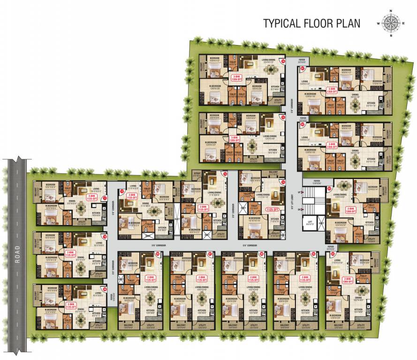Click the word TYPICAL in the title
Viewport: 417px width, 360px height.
pos(282,23)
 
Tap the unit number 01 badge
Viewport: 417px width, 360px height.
pos(303,69)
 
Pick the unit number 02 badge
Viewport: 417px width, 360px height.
pos(303,125)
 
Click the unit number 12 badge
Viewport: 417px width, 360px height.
pos(122,192)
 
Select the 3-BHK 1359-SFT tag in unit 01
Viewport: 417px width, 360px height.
pos(333,90)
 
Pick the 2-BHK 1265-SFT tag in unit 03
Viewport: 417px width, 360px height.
pos(350,210)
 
